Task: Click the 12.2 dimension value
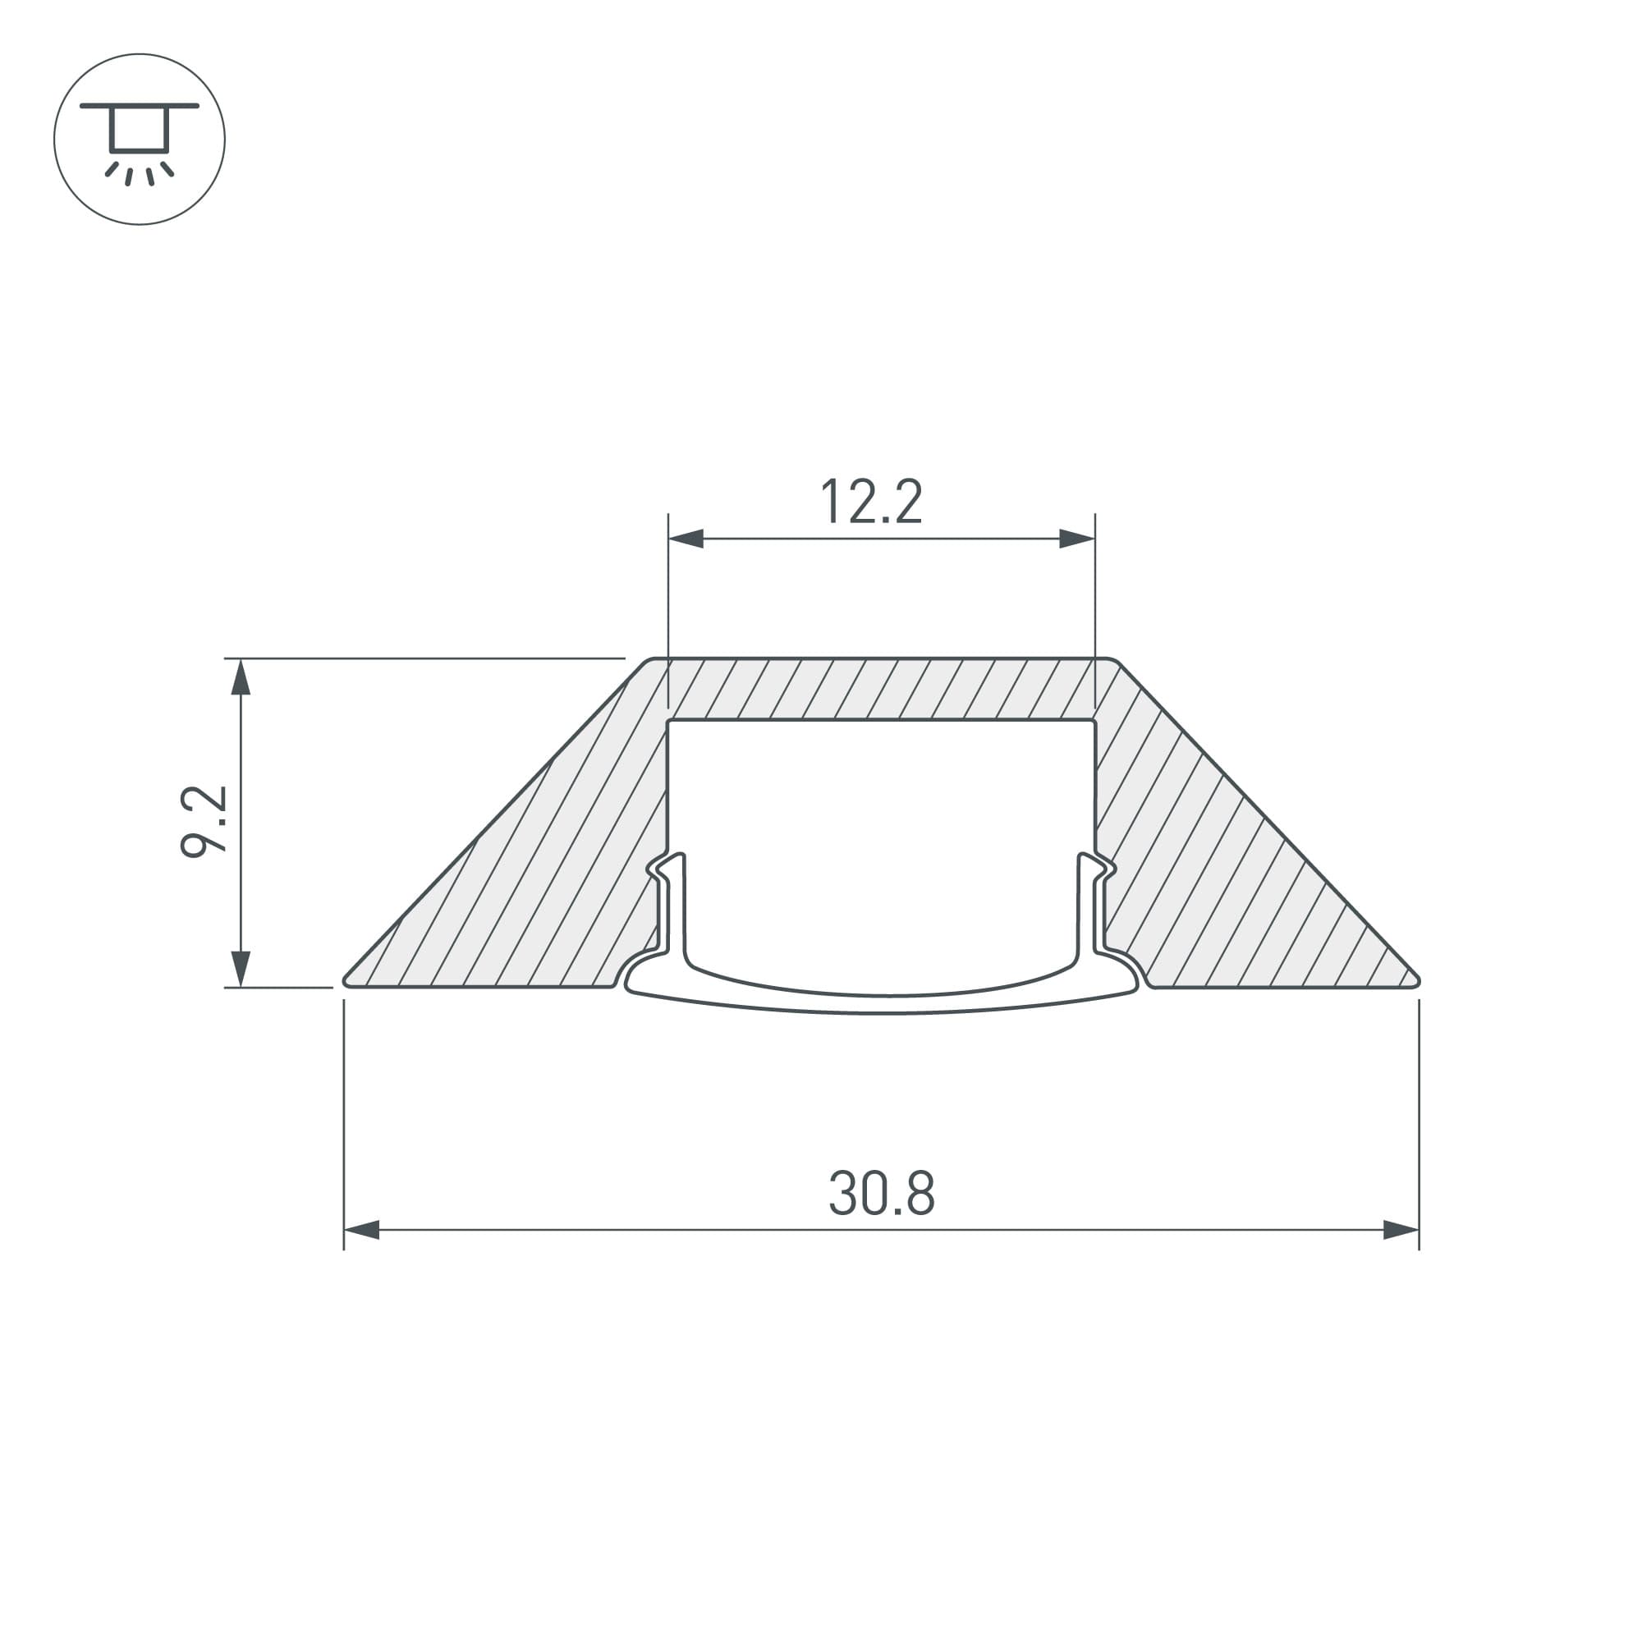[x=871, y=502]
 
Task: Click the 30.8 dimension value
[x=881, y=1193]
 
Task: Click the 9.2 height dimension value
[x=204, y=821]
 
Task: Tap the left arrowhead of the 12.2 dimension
[x=685, y=538]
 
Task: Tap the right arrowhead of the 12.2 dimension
[x=1077, y=538]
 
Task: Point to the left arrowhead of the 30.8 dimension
[x=361, y=1230]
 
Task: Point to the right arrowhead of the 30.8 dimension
[x=1401, y=1230]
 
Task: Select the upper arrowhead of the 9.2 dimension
[x=241, y=677]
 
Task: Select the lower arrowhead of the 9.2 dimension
[x=241, y=969]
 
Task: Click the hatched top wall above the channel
[x=881, y=689]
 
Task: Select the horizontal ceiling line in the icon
[x=140, y=106]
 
